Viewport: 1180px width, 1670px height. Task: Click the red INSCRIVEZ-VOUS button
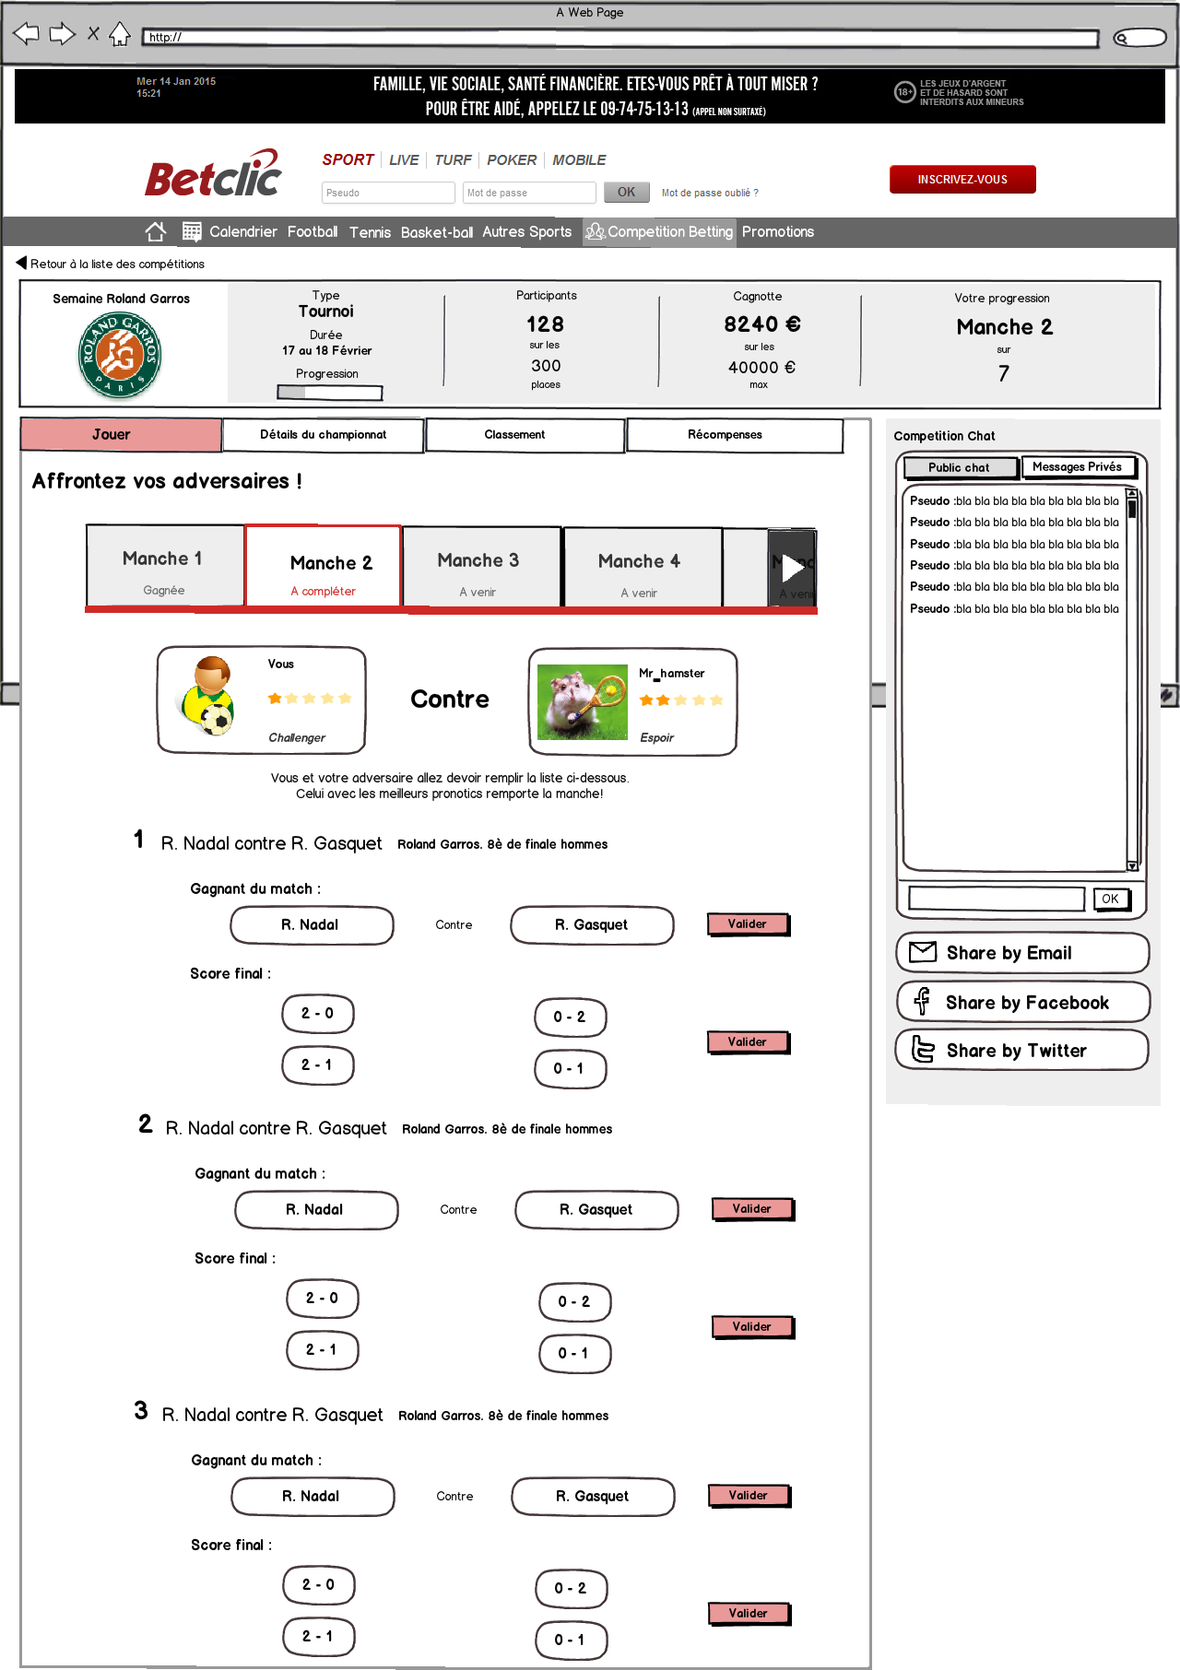point(962,180)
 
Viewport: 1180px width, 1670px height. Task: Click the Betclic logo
point(213,175)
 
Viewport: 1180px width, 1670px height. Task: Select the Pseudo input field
point(387,193)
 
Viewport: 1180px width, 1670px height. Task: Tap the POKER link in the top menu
point(511,160)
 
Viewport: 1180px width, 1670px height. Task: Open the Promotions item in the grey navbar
point(777,232)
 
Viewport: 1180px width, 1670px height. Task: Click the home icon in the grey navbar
point(156,232)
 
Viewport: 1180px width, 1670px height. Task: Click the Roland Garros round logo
point(120,355)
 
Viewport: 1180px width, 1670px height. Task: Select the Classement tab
point(514,435)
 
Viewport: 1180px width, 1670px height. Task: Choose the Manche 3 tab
point(478,568)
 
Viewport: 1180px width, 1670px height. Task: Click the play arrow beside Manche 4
point(792,568)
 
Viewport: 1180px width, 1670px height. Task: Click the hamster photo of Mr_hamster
point(582,702)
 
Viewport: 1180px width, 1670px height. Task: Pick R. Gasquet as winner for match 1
point(591,925)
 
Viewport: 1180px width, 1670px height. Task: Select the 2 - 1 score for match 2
point(322,1350)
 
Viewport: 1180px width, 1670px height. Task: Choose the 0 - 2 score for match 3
point(571,1588)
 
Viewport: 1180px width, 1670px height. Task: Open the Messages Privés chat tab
point(1077,467)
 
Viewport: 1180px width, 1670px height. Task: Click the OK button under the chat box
point(1110,899)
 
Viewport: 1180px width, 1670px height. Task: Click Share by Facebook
point(1022,1003)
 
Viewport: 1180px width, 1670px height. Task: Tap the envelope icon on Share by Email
point(923,952)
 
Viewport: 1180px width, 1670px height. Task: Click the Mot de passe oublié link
point(710,194)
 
